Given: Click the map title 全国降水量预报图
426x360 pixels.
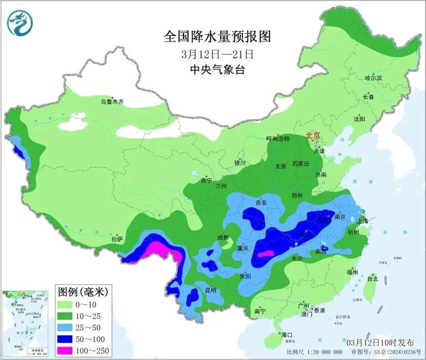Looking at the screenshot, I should pos(217,36).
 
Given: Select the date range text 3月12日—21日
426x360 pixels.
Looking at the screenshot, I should pos(217,53).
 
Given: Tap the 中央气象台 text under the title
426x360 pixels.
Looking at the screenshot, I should pos(217,70).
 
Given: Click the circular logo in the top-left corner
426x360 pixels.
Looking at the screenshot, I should pos(19,22).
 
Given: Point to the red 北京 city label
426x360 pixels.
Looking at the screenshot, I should pos(313,136).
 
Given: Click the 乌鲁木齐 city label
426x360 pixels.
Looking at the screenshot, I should pos(112,102).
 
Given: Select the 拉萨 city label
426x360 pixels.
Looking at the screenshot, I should pos(117,239).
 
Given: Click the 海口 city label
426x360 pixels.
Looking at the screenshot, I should pos(287,335).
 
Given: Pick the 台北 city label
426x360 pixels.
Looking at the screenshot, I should pos(372,279).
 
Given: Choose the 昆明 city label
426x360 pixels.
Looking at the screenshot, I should pos(210,290).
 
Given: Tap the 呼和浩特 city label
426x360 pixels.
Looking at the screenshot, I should pos(278,139).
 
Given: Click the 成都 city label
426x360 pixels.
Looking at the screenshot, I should pos(222,238).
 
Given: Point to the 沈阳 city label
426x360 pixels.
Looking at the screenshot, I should pos(359,119).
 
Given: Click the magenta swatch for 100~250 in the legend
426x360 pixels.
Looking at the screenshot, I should pos(67,350).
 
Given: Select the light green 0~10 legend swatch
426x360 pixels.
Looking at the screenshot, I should pos(67,306).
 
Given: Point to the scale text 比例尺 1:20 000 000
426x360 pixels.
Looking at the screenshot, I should pos(315,352).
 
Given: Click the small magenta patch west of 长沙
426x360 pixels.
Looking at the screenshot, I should pos(266,254).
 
